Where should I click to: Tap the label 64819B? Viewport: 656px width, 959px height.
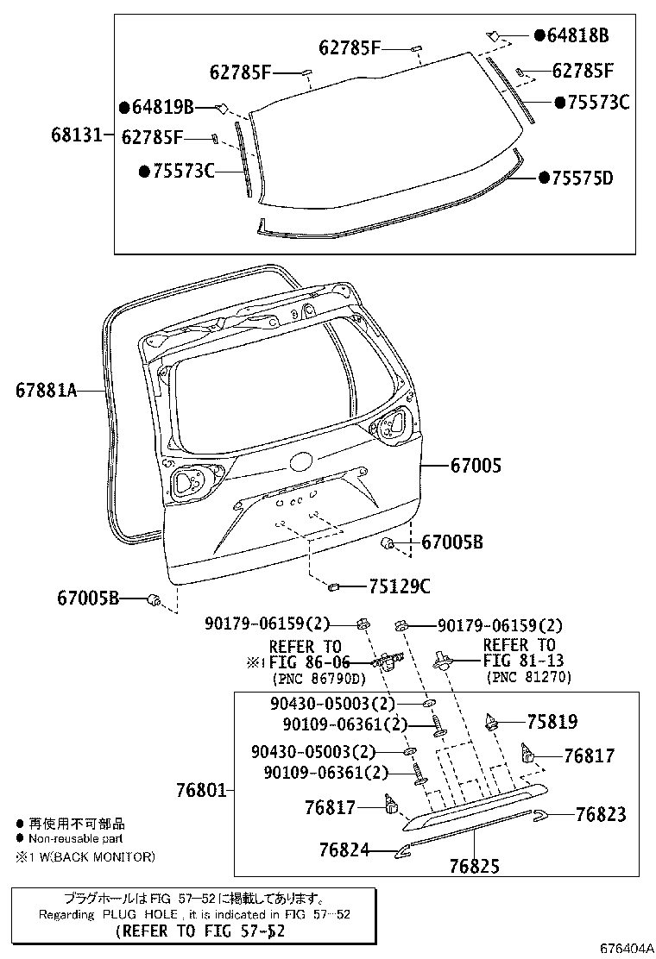coord(162,107)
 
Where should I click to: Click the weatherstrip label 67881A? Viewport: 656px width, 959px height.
coord(46,391)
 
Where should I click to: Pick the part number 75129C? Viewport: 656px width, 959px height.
coord(399,587)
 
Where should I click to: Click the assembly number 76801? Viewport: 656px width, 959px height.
coord(200,789)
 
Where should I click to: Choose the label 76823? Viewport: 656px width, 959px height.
coord(601,814)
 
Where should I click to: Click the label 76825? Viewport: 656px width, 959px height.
coord(474,866)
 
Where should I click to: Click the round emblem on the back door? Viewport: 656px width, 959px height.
coord(300,462)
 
